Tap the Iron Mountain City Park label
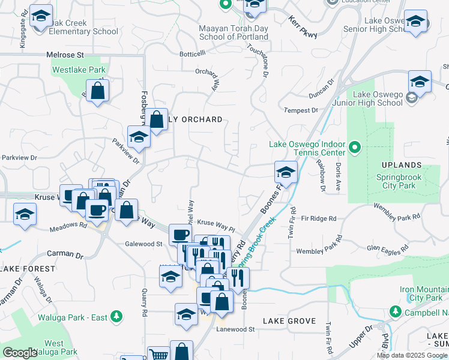421,293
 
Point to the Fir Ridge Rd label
319,218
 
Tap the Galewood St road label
143,244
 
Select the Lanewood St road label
236,329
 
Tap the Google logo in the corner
20,353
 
